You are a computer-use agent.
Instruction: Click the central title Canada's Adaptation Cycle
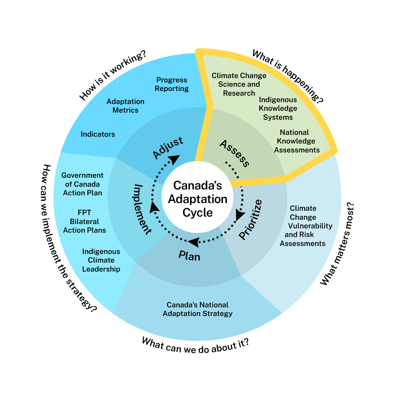197,199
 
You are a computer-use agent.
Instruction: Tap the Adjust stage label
168,148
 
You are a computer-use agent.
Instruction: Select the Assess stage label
235,153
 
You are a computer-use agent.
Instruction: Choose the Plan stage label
189,256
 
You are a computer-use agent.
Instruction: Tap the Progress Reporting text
172,84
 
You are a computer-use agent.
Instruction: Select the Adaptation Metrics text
126,106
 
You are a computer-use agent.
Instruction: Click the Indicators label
98,134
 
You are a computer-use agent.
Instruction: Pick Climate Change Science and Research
239,84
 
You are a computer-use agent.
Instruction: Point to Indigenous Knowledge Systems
278,108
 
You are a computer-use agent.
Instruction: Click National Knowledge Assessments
297,141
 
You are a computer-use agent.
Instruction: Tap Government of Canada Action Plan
82,184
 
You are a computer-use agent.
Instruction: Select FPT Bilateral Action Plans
84,221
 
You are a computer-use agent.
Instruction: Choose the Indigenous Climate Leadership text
101,260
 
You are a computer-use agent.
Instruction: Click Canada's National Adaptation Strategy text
197,309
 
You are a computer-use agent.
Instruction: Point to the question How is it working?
112,75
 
